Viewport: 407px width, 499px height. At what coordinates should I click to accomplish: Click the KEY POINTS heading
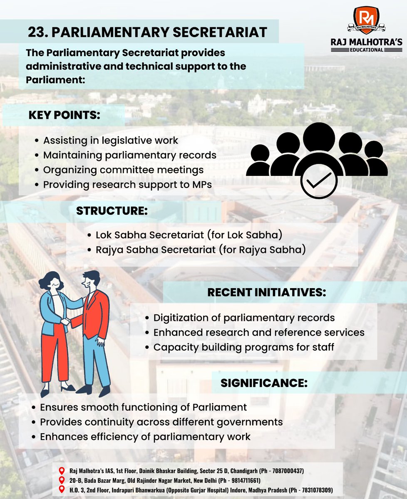click(x=64, y=115)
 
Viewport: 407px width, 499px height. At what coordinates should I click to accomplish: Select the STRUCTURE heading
click(x=112, y=211)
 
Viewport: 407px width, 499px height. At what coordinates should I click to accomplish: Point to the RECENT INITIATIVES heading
click(x=266, y=292)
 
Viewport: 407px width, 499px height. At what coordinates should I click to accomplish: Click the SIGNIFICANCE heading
click(x=264, y=383)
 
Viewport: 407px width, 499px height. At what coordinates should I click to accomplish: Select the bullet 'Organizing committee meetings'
click(x=123, y=170)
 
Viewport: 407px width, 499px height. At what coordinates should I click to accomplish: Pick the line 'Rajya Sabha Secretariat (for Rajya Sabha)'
click(x=201, y=250)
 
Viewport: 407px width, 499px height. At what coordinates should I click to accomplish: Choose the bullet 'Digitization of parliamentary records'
click(x=244, y=318)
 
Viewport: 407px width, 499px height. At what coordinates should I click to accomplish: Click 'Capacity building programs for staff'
click(x=243, y=347)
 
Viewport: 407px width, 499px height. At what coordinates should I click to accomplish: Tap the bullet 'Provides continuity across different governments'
click(x=161, y=422)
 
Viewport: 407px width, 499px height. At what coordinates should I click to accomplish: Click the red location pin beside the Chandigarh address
click(x=62, y=471)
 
